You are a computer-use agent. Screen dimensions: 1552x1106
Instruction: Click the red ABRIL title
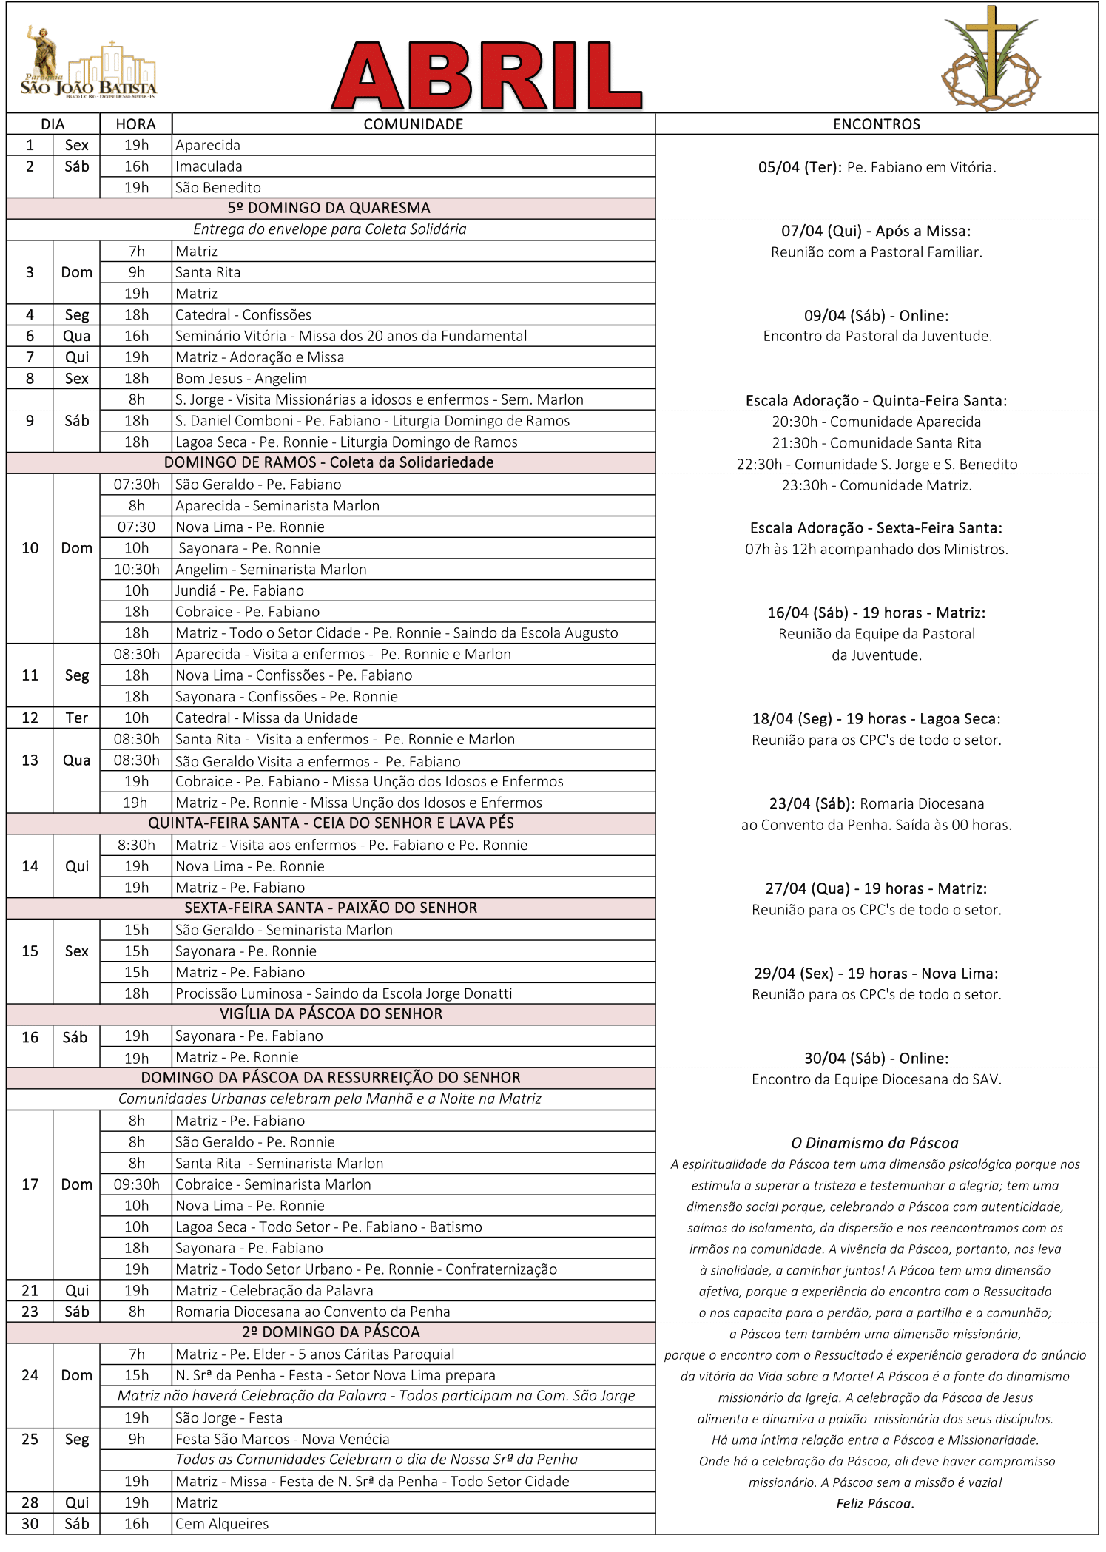click(486, 75)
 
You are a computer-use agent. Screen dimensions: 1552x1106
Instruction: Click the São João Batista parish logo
click(88, 67)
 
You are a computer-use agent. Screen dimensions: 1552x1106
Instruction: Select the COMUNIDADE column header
click(413, 124)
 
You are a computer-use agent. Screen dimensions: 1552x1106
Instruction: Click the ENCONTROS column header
click(877, 124)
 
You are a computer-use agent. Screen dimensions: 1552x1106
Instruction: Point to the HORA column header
click(136, 124)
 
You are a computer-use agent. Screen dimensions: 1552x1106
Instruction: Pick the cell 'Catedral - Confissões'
click(243, 315)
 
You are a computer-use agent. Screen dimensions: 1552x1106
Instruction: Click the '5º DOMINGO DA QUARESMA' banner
click(329, 208)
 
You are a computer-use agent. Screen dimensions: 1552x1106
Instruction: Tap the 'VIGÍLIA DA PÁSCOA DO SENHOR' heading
click(331, 1014)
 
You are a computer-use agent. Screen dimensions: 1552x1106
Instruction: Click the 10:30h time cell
click(136, 570)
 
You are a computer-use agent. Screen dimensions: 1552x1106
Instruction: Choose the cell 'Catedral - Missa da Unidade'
click(266, 718)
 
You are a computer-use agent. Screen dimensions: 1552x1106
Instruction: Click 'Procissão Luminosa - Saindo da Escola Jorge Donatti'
click(343, 993)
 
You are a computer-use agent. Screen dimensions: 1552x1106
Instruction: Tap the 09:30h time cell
click(136, 1184)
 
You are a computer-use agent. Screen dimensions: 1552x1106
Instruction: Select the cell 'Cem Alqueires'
click(222, 1524)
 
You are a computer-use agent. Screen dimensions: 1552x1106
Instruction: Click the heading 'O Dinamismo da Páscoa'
click(874, 1143)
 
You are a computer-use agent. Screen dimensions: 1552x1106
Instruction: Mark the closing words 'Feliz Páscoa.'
click(875, 1503)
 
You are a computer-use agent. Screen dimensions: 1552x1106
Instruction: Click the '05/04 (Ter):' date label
click(800, 167)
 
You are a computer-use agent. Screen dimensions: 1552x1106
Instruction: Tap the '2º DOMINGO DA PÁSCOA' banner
click(331, 1332)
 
